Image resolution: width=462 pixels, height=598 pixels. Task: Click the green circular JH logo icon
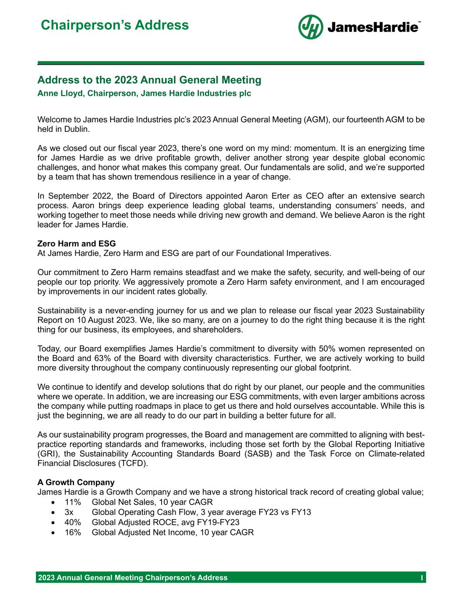[x=310, y=27]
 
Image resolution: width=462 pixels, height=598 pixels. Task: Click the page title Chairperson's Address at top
[x=115, y=25]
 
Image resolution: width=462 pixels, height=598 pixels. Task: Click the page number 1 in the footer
[x=421, y=578]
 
